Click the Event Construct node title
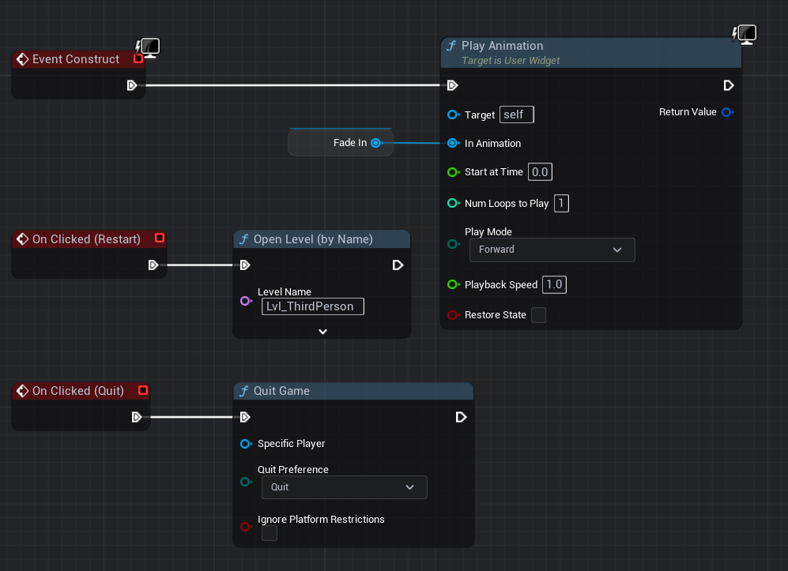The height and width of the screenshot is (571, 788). [x=75, y=59]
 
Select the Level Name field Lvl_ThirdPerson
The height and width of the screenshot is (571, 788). [x=312, y=306]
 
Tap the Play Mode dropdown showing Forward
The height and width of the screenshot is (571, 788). [x=552, y=250]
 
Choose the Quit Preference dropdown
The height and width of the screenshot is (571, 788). [x=344, y=487]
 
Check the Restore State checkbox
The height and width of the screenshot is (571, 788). [x=538, y=315]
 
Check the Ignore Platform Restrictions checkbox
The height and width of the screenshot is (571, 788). [x=270, y=534]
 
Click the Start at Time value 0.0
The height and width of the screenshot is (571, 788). [x=540, y=172]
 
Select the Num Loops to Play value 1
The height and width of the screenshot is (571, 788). [x=561, y=204]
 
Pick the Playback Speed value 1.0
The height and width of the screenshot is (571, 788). [x=555, y=285]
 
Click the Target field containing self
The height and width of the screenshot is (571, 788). [x=516, y=115]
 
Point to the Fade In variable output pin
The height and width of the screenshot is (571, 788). [x=376, y=143]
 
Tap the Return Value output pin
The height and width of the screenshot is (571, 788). [x=727, y=112]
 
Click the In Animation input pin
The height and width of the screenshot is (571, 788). [x=453, y=144]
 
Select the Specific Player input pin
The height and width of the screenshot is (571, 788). [x=245, y=444]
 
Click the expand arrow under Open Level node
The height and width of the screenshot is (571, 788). [x=322, y=332]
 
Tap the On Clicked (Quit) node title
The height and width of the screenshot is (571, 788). [x=77, y=391]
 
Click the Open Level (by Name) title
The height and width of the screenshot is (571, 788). [x=312, y=239]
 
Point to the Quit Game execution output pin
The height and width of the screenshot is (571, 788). [x=462, y=417]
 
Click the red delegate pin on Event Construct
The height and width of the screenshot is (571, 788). [x=138, y=58]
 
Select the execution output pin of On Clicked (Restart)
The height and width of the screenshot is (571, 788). [x=153, y=265]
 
